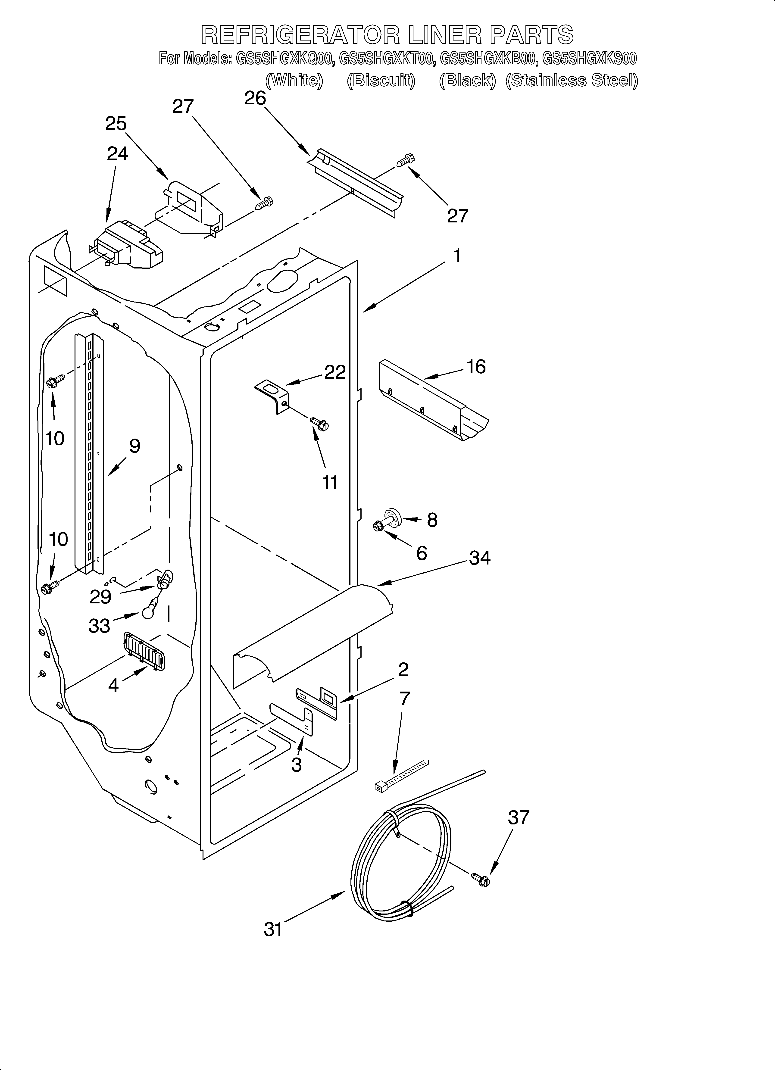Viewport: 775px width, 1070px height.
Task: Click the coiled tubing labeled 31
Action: click(x=401, y=868)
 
